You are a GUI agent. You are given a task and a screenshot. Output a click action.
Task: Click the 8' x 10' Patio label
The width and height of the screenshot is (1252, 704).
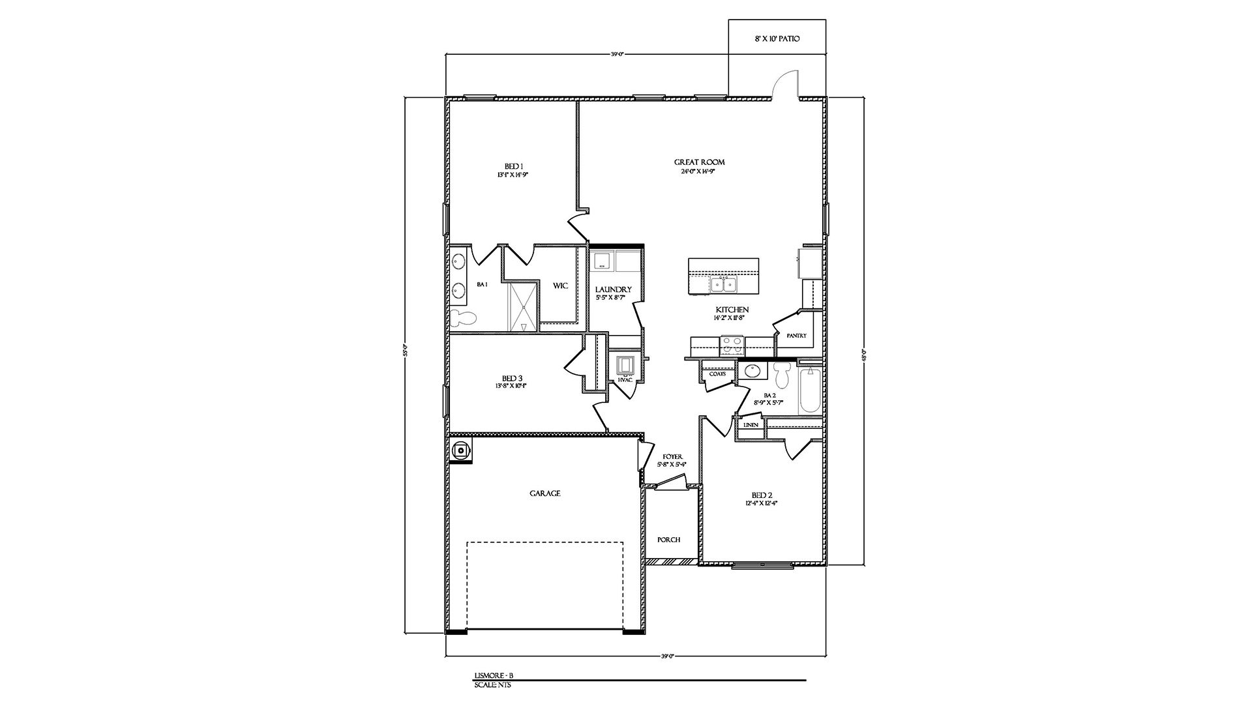pos(777,39)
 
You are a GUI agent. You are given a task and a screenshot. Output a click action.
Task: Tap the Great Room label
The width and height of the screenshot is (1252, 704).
pos(699,162)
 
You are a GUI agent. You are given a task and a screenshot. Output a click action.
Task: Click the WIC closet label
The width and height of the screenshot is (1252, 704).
pos(560,286)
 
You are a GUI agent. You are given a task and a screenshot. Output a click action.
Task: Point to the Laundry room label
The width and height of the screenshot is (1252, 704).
pos(614,289)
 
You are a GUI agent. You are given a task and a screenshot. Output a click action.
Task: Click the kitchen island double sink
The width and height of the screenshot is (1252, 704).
pos(723,284)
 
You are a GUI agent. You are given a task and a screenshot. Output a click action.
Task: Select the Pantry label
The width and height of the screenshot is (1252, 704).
pos(796,336)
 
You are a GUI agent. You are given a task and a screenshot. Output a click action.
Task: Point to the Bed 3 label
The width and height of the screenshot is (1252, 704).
pos(512,378)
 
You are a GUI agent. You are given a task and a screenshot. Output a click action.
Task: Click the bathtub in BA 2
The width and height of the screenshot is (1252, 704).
pos(810,390)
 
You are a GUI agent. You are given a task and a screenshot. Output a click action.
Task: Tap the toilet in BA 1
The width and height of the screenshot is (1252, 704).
pos(464,318)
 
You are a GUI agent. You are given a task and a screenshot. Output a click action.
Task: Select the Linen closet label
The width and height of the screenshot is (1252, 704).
pos(751,425)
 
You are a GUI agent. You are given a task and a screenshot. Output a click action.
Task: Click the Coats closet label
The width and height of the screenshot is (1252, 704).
pos(717,374)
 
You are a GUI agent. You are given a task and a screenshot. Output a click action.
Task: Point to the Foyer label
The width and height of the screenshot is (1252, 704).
pos(672,457)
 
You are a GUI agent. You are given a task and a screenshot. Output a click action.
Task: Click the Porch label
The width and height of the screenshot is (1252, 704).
pos(669,540)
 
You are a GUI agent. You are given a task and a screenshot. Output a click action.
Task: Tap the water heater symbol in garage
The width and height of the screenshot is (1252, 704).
pos(461,449)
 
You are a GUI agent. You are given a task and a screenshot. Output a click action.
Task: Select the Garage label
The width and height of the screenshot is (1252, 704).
pos(544,493)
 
